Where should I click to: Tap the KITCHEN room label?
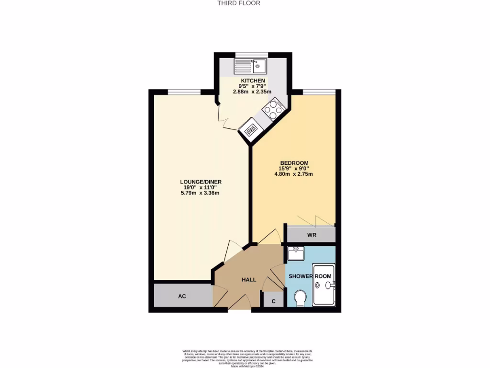point(253,80)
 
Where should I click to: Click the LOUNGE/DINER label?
point(200,182)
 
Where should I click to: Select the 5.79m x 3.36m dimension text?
point(200,193)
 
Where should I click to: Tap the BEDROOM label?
point(294,162)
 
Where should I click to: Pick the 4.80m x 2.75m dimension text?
point(293,174)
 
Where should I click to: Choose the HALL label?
point(248,279)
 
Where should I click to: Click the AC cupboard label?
point(182,296)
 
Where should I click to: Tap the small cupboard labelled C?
point(273,301)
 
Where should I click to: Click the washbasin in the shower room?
point(296,253)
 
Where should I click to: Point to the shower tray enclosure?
point(324,285)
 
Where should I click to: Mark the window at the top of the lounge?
point(184,92)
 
